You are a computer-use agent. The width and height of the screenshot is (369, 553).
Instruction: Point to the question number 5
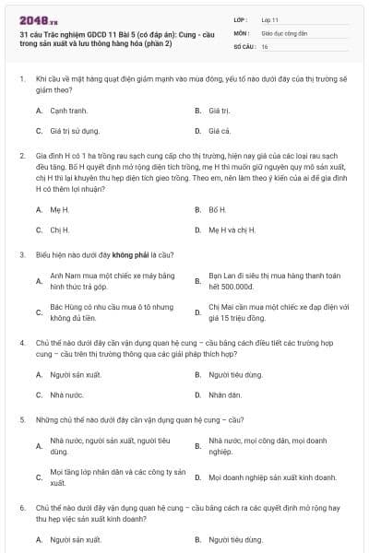pyautogui.click(x=21, y=419)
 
